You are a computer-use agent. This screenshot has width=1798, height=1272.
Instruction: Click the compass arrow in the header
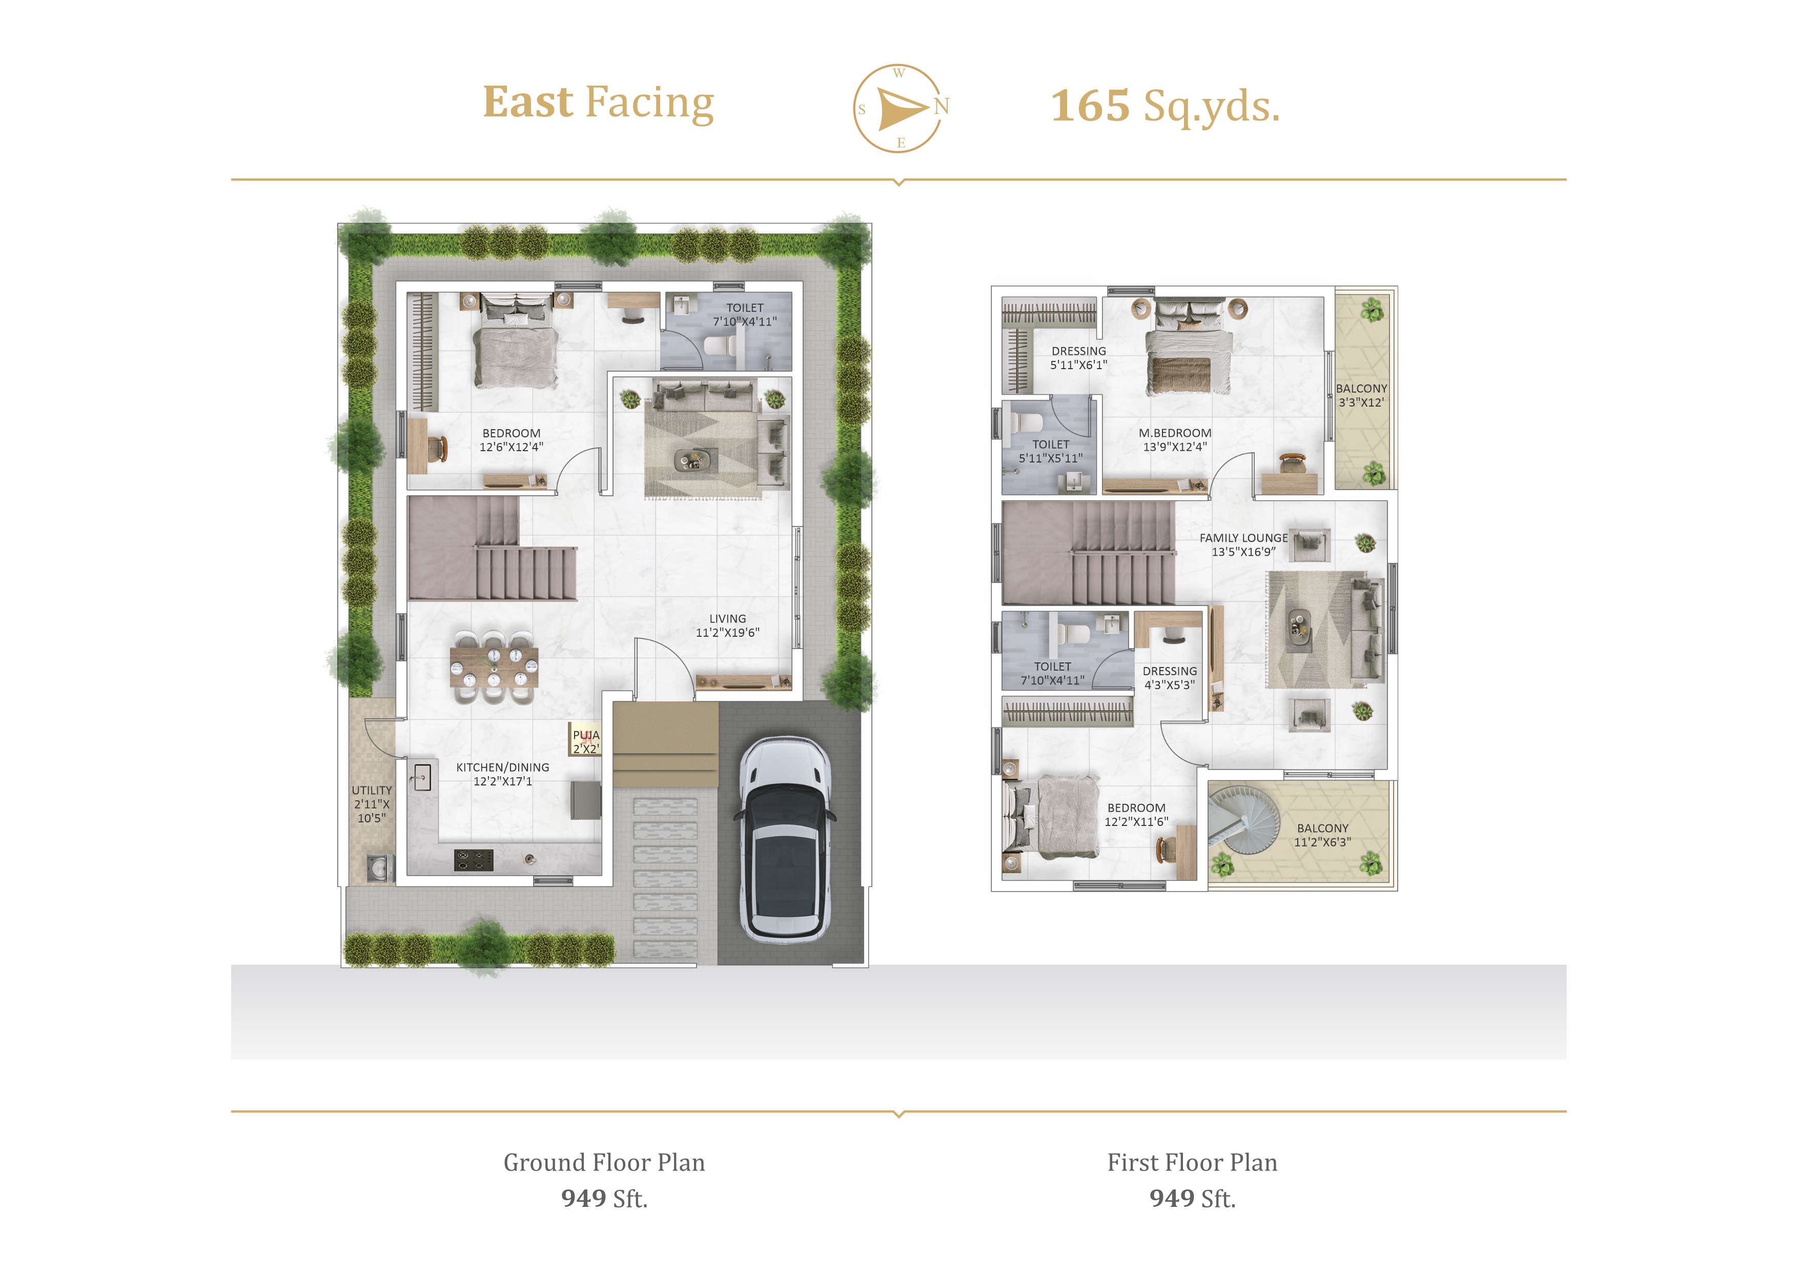tap(902, 108)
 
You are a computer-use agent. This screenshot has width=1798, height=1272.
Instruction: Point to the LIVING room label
tap(727, 625)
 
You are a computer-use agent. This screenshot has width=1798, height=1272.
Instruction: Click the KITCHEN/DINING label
tap(503, 774)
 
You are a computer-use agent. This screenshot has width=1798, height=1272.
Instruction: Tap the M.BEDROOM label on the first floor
tap(1175, 439)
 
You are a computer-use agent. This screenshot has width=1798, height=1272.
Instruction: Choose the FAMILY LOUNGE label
tap(1243, 544)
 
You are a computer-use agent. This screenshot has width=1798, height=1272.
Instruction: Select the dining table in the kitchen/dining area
tap(494, 667)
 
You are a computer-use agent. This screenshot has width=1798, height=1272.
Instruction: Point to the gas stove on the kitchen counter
tap(474, 860)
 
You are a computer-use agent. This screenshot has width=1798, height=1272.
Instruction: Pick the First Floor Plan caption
tap(1192, 1162)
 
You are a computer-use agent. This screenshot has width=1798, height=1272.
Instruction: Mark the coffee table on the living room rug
tap(696, 460)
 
